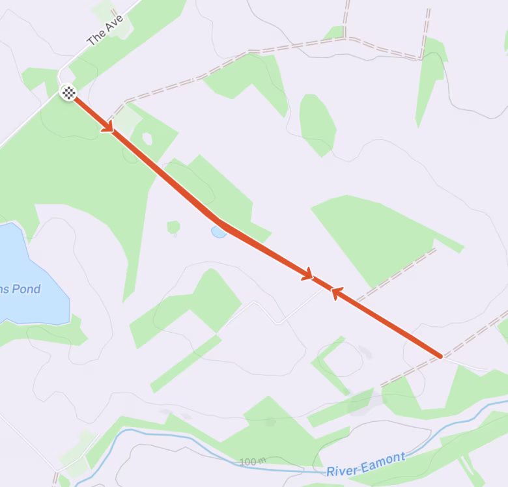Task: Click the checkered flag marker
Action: pos(68,92)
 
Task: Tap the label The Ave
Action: pos(105,30)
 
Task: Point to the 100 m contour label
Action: pos(253,462)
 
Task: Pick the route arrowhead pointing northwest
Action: pos(337,292)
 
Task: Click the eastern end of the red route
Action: pos(441,356)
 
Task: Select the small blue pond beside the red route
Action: pos(219,232)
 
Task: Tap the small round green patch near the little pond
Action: pos(173,227)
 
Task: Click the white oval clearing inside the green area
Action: pos(147,138)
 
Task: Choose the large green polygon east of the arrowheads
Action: pos(378,234)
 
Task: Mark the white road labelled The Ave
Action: pos(33,117)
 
